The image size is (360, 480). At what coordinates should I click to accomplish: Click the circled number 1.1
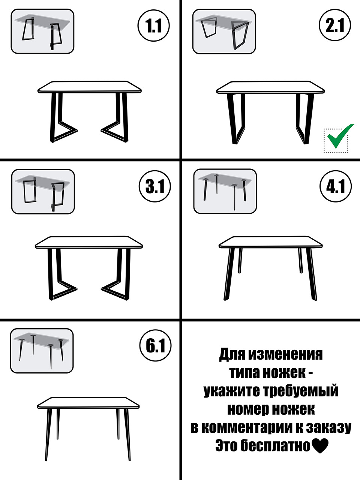[x=154, y=25]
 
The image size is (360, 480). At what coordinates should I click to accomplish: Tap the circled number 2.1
[x=335, y=25]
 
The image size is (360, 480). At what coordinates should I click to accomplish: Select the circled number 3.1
[x=154, y=186]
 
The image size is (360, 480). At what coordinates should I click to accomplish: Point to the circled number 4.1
[x=336, y=186]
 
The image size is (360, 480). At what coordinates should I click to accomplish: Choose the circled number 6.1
[x=155, y=346]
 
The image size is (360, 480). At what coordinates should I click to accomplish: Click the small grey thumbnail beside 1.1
[x=42, y=31]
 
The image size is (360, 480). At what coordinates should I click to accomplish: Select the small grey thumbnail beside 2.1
[x=224, y=31]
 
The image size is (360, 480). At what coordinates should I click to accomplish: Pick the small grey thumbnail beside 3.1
[x=43, y=192]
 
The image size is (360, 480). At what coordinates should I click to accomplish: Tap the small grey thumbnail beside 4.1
[x=225, y=191]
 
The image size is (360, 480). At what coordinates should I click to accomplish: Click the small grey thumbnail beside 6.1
[x=42, y=351]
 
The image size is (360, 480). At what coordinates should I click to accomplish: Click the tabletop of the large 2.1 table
[x=270, y=88]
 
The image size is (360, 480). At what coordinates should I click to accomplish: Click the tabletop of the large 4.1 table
[x=271, y=242]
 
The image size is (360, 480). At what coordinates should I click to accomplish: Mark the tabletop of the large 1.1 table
[x=90, y=87]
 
